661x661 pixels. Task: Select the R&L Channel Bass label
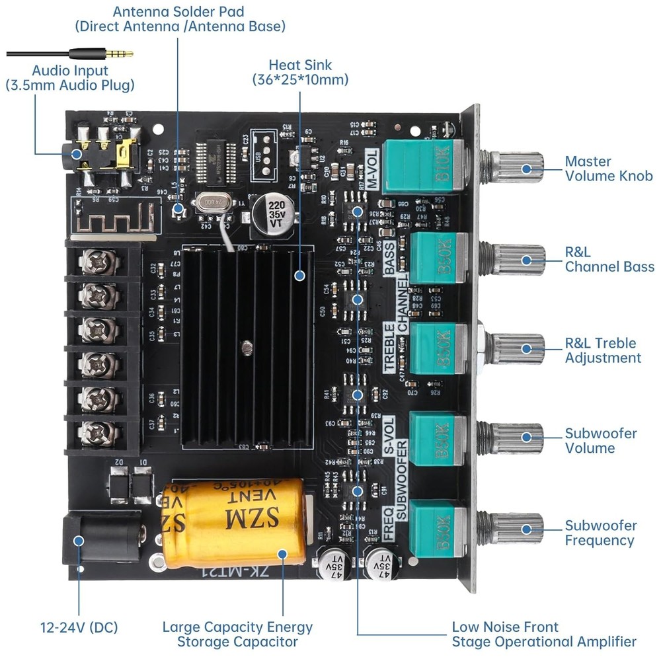coord(609,260)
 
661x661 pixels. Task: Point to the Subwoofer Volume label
coord(600,441)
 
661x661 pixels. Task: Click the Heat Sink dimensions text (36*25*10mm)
coord(300,80)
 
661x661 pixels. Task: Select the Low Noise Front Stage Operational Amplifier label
coord(543,634)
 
